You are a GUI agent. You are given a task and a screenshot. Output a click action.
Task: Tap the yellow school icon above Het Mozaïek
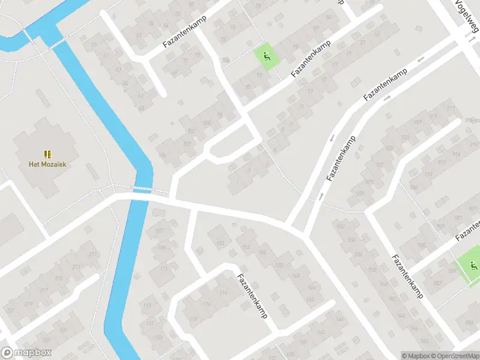point(47,154)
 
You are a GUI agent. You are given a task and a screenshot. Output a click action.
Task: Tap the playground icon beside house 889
point(472,265)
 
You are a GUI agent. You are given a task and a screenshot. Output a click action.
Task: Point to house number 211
point(93,255)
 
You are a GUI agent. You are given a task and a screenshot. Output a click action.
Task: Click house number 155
point(220,244)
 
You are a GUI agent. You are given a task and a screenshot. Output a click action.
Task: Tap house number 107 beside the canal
point(159,231)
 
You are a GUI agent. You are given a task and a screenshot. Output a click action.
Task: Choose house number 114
point(223,293)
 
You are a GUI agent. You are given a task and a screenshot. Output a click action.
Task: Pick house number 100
point(207,124)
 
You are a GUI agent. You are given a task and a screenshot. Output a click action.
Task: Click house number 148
point(296,275)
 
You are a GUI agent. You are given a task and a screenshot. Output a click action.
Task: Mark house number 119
point(193,319)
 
